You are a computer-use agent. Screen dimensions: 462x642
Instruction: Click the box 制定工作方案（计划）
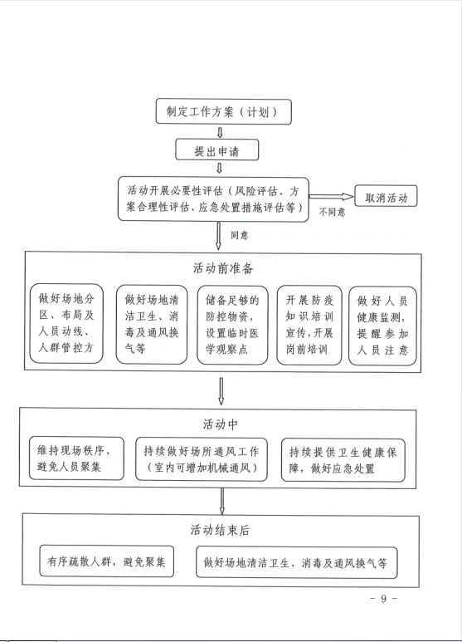pyautogui.click(x=224, y=111)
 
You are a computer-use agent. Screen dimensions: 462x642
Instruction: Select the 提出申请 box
pyautogui.click(x=217, y=149)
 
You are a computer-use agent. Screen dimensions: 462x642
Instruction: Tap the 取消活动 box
pyautogui.click(x=386, y=196)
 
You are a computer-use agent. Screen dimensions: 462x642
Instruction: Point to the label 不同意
pyautogui.click(x=332, y=212)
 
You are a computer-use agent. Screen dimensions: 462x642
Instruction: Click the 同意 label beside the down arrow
pyautogui.click(x=240, y=235)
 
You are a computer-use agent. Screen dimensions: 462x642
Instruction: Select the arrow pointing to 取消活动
pyautogui.click(x=331, y=197)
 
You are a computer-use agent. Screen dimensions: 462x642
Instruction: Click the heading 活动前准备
pyautogui.click(x=223, y=268)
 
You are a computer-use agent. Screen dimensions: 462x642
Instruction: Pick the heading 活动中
pyautogui.click(x=220, y=424)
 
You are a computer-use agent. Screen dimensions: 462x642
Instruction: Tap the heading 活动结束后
pyautogui.click(x=220, y=530)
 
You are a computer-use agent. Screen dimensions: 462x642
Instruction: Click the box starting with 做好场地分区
pyautogui.click(x=66, y=323)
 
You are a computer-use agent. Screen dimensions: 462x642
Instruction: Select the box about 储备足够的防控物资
pyautogui.click(x=232, y=325)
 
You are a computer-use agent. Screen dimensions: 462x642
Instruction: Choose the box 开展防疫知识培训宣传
pyautogui.click(x=309, y=325)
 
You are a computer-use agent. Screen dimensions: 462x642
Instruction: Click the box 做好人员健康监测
pyautogui.click(x=382, y=326)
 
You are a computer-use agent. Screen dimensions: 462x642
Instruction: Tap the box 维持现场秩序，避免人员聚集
pyautogui.click(x=76, y=458)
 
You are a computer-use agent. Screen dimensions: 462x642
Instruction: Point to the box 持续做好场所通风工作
pyautogui.click(x=202, y=459)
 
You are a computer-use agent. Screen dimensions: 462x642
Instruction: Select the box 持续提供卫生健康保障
pyautogui.click(x=343, y=460)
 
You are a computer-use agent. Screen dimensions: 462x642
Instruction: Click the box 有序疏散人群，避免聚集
pyautogui.click(x=107, y=561)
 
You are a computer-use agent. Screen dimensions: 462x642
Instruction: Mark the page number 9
pyautogui.click(x=383, y=598)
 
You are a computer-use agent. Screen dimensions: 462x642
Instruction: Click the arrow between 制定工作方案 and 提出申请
pyautogui.click(x=220, y=132)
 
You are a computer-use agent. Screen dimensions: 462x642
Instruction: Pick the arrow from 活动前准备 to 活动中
pyautogui.click(x=221, y=391)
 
